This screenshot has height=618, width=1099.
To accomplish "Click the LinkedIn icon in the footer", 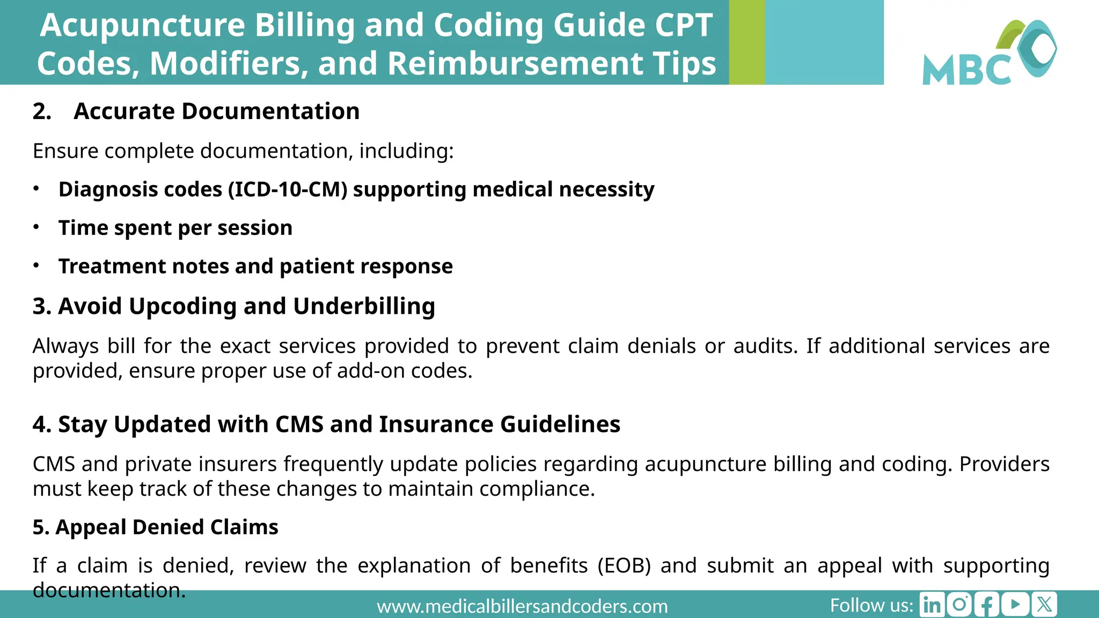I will click(932, 605).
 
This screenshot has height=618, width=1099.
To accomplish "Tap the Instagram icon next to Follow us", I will click(959, 605).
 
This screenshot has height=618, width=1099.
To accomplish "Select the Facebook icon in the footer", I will click(987, 605).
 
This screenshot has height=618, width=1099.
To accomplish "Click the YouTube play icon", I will click(1015, 605).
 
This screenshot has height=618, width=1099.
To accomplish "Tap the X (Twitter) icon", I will click(1044, 605).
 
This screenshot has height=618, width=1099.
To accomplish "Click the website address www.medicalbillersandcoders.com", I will click(522, 607).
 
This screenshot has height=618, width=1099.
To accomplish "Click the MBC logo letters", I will click(966, 70).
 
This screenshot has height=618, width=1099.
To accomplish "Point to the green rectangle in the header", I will click(746, 42).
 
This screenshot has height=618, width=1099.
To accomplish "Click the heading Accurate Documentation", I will click(216, 112).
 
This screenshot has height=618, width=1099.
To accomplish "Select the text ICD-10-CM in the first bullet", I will click(287, 189).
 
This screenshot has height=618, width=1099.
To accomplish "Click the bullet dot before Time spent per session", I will click(36, 227).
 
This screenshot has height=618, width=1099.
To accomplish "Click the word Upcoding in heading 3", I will click(182, 306).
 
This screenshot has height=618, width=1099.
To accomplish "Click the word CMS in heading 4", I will click(299, 424).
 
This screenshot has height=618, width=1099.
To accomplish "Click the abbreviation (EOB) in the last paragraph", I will click(624, 565).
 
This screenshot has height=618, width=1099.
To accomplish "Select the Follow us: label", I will click(871, 606).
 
